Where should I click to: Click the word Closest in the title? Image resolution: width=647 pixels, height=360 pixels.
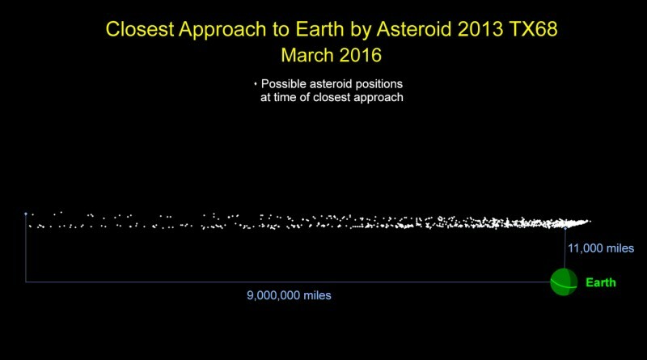pos(139,29)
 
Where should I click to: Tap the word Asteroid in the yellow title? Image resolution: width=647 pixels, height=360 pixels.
pos(415,29)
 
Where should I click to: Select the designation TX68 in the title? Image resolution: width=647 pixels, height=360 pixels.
pos(533,29)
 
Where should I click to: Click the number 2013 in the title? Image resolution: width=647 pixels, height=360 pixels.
pos(480,29)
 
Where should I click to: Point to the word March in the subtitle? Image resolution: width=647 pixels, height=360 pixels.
pos(307,55)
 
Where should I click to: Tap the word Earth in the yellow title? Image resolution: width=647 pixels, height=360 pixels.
pos(319,29)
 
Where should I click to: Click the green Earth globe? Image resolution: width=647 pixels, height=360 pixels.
pos(564,282)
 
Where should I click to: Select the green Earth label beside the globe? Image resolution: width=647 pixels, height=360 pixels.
pos(601,282)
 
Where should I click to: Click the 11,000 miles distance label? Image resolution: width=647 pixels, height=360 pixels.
pos(601,248)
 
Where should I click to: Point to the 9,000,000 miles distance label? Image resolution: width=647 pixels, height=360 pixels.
pos(289,295)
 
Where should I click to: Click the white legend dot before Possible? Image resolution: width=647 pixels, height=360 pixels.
pos(256,84)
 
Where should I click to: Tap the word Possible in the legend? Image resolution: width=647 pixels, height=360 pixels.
pos(284,84)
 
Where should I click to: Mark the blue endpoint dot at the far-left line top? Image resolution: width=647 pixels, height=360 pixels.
pos(26,214)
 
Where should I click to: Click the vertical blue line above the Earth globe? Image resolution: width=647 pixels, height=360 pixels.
pos(565,248)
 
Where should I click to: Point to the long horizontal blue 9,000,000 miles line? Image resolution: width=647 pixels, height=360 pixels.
pos(288,282)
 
